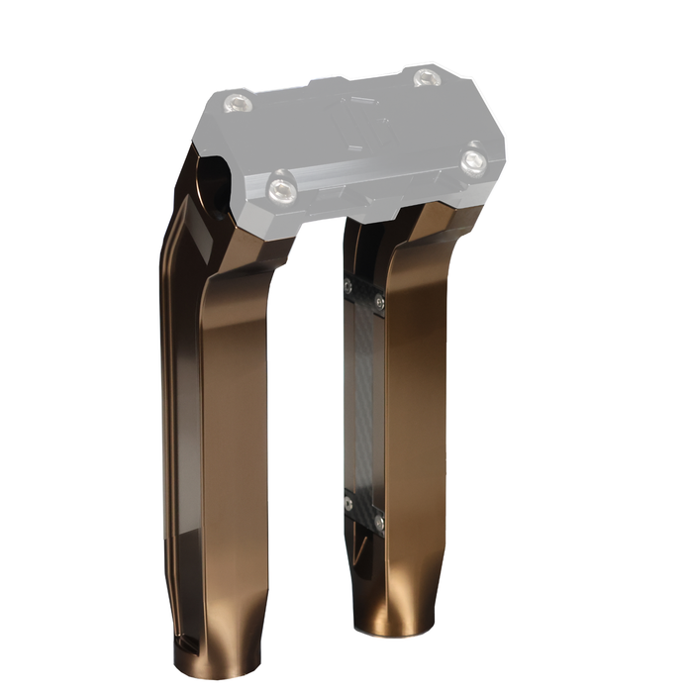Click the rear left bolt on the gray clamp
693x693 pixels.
[238, 102]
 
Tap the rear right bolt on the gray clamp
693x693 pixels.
[428, 77]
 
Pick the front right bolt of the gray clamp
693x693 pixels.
[474, 161]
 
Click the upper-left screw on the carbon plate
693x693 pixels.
[347, 286]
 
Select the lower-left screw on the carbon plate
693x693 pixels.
[348, 503]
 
